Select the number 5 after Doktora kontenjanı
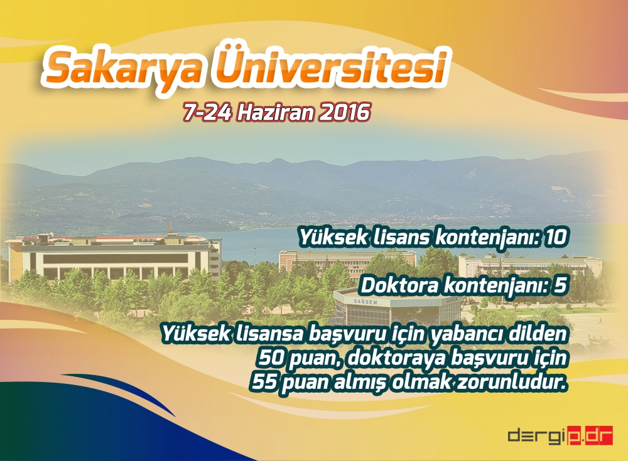point(560,286)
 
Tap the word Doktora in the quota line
point(396,286)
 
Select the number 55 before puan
point(263,382)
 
